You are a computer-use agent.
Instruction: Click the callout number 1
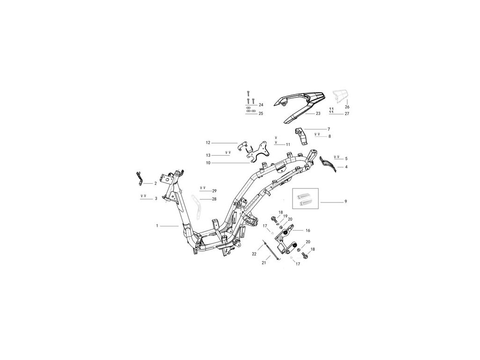coord(157,226)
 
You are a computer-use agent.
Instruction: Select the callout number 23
coord(318,113)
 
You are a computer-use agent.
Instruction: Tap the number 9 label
coord(345,202)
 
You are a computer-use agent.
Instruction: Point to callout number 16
coord(308,231)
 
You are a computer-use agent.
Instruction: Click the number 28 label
coord(214,199)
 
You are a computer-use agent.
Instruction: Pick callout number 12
coord(208,142)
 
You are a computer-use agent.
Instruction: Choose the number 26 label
coord(347,107)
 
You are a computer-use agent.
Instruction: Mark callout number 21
coord(263,263)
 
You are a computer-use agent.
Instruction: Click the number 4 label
coord(346,167)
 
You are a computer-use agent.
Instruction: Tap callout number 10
coord(208,163)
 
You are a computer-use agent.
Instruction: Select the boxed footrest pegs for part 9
coord(305,198)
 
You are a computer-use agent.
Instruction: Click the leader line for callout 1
coord(170,226)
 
